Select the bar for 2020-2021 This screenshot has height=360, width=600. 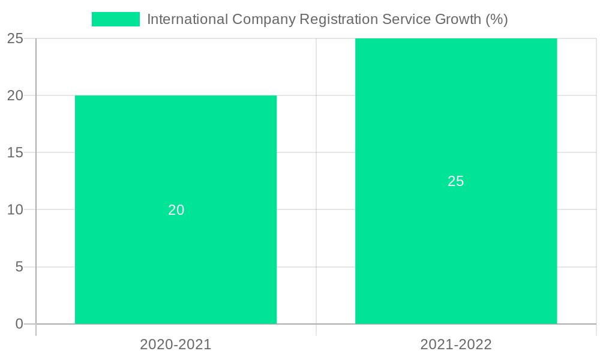click(176, 252)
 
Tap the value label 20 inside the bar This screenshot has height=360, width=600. click(176, 210)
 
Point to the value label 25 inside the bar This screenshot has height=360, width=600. click(456, 181)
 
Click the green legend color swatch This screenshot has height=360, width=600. click(115, 19)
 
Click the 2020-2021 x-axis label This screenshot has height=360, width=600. click(176, 344)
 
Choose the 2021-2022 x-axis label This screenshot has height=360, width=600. click(456, 344)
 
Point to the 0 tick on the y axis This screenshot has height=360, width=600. click(19, 324)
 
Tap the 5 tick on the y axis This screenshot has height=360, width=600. click(19, 266)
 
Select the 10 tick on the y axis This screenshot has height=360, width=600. click(15, 209)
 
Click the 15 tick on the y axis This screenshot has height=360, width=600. click(15, 152)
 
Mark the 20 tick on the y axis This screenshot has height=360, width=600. click(15, 95)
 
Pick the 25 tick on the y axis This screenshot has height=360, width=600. click(15, 38)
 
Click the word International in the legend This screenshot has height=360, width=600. click(187, 19)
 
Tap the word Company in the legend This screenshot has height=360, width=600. click(264, 19)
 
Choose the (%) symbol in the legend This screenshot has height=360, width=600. click(497, 19)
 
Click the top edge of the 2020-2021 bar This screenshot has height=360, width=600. click(176, 96)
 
